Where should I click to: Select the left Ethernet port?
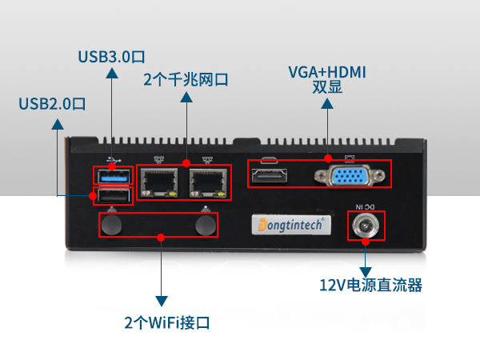coord(159,182)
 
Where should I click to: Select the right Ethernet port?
coord(208,182)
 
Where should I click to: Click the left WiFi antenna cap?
coord(114,226)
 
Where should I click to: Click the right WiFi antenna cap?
coord(207,226)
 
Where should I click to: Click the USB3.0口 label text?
coord(111,57)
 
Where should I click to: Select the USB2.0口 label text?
coord(52,104)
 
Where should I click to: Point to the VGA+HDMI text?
coord(327,72)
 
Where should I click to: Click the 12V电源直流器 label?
coord(370,286)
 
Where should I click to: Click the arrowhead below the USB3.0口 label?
coord(112,73)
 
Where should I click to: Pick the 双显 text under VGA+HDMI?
coord(327,88)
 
